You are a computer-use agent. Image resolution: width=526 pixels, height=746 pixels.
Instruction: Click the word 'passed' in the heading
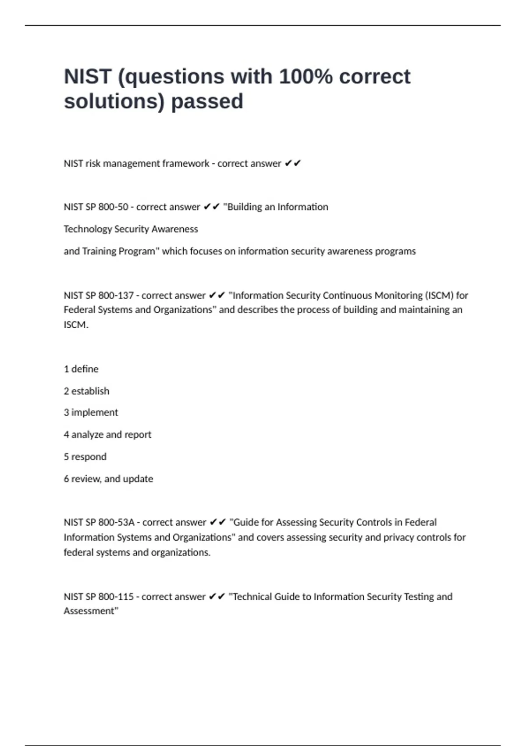(x=207, y=101)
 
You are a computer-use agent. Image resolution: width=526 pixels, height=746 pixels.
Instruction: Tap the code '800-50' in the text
(x=113, y=207)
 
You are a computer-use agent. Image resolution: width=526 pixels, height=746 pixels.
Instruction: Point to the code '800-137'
(x=116, y=295)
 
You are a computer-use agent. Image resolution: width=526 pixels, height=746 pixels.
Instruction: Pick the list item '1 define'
(x=81, y=369)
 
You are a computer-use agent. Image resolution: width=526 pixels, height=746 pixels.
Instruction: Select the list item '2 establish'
(x=86, y=391)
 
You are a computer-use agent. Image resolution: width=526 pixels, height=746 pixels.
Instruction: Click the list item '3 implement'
(x=91, y=412)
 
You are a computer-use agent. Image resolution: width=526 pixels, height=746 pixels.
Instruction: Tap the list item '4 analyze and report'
(x=107, y=434)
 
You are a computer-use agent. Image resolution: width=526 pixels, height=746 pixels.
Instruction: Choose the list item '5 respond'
(x=85, y=457)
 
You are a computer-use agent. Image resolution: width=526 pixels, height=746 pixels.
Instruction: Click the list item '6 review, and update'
(x=108, y=479)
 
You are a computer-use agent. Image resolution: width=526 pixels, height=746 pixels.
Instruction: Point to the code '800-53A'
(x=116, y=523)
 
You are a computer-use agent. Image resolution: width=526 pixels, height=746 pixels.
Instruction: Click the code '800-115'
(x=116, y=597)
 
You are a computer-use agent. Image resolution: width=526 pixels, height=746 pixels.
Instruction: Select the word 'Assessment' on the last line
(x=90, y=611)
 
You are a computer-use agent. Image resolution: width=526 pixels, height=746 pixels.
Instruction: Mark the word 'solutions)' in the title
(x=114, y=101)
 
